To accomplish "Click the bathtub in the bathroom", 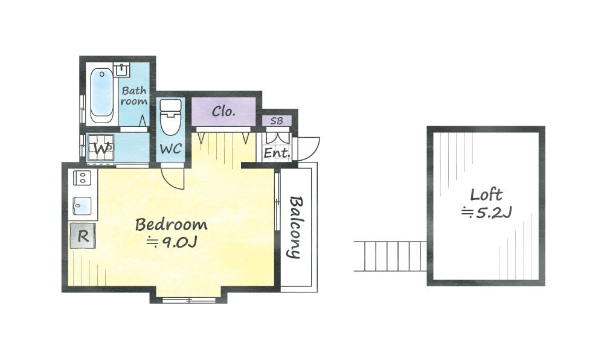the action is click(101, 95).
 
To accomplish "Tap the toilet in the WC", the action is click(170, 117).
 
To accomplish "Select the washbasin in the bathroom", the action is click(122, 69).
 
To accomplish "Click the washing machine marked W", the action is click(100, 147).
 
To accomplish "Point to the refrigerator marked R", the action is click(83, 236).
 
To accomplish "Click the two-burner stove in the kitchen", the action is click(82, 178).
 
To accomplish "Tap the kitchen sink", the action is click(82, 206).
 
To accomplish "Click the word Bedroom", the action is click(172, 225).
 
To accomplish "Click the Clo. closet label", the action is click(223, 111).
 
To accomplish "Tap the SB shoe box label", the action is click(277, 121).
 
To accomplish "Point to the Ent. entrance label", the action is click(277, 153).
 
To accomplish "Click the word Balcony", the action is click(296, 227).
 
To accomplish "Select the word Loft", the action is click(486, 195).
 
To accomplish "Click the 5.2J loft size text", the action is click(486, 212).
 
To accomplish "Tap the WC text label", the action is click(170, 149).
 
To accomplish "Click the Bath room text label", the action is click(134, 96).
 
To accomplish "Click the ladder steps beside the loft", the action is click(390, 256).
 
